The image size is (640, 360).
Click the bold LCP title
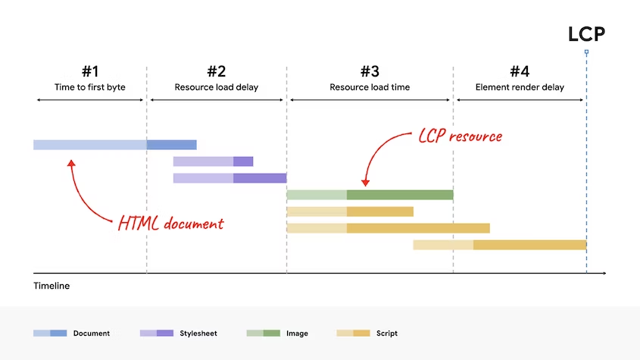586,34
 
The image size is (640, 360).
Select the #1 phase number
90,71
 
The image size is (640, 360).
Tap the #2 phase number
217,71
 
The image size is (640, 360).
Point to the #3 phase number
370,71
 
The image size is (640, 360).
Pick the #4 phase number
520,71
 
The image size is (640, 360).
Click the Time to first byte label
90,87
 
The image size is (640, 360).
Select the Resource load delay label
217,87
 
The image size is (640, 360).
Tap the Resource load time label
370,87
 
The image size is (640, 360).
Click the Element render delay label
520,87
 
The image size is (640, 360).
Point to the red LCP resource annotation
460,136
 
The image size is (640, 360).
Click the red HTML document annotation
170,224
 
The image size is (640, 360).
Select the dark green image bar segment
400,195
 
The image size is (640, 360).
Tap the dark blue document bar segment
172,145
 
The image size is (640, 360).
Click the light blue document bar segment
89,145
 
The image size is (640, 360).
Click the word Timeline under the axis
52,286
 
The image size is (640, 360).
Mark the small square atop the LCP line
586,52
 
